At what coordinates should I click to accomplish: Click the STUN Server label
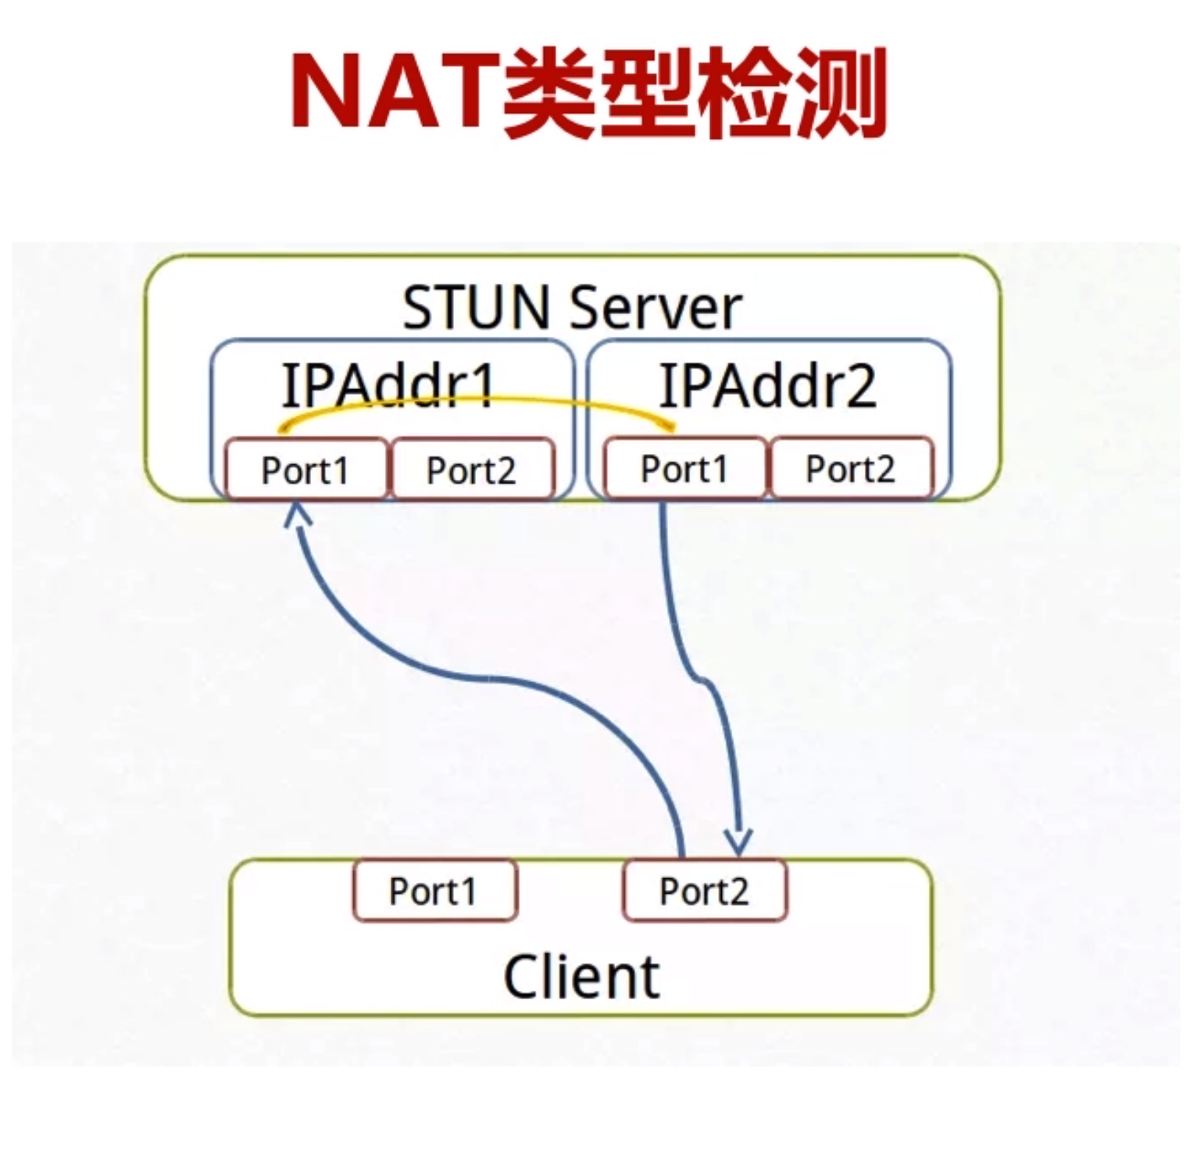coord(571,308)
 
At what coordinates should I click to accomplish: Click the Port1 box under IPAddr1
coord(306,470)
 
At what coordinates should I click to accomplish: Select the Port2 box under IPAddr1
coord(471,470)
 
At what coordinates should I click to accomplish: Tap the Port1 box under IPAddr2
coord(684,468)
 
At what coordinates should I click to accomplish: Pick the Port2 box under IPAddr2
coord(850,468)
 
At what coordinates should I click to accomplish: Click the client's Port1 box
coord(434,891)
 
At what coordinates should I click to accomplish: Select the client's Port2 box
coord(704,891)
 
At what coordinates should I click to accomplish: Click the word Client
coord(582,976)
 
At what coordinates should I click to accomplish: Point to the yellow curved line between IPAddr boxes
coord(477,400)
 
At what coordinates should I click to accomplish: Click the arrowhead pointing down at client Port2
coord(738,842)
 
